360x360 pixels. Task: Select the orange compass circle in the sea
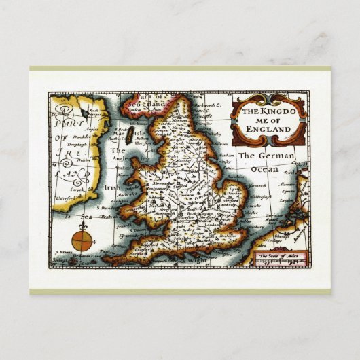tap(81, 239)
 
